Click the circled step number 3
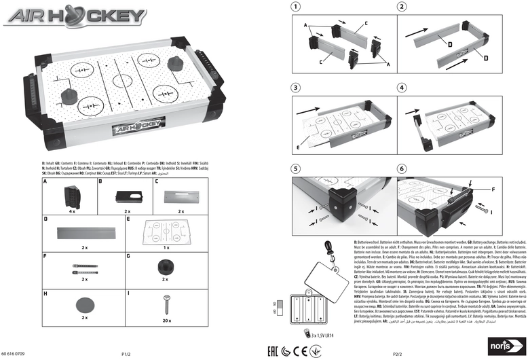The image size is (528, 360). click(x=295, y=88)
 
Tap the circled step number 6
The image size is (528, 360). click(x=402, y=168)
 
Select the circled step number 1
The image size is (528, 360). click(x=295, y=7)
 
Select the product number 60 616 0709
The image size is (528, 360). click(x=15, y=354)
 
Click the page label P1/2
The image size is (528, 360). click(x=126, y=354)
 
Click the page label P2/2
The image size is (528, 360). click(x=398, y=354)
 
